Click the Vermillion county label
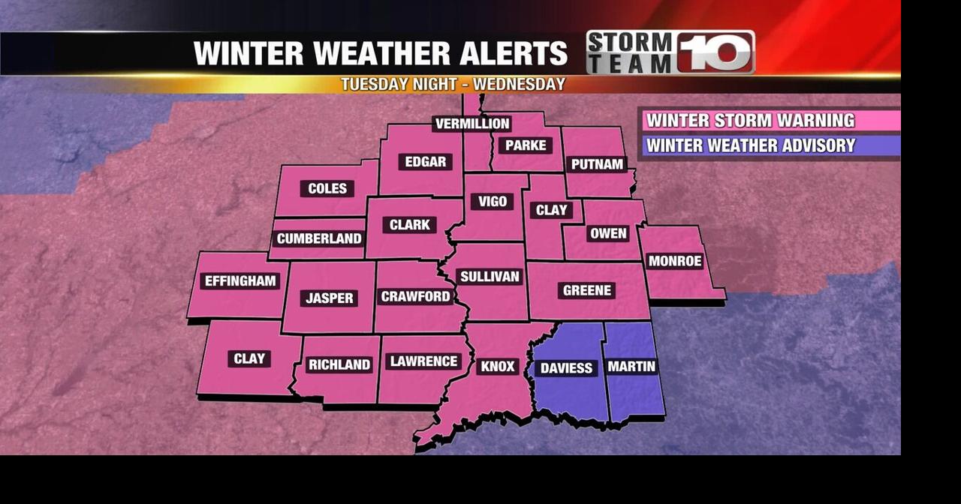tap(472, 124)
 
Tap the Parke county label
tap(526, 145)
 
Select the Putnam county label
tap(598, 164)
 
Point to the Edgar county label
tap(426, 162)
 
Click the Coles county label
tap(327, 189)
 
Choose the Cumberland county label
tap(319, 239)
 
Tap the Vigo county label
tap(493, 202)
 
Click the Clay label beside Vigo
tap(552, 211)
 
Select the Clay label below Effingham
tap(249, 359)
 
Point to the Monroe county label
tap(674, 262)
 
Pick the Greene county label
tap(587, 291)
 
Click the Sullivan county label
tap(490, 277)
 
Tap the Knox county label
tap(497, 367)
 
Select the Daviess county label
tap(566, 368)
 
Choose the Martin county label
tap(631, 367)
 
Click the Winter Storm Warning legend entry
tap(751, 121)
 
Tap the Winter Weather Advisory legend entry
tap(751, 145)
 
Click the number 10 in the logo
tap(715, 52)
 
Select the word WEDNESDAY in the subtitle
tap(519, 84)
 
